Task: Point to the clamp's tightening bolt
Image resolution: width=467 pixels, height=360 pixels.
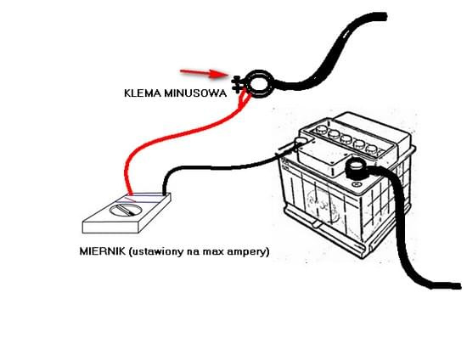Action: (x=236, y=84)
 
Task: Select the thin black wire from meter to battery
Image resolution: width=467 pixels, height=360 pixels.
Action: (x=221, y=166)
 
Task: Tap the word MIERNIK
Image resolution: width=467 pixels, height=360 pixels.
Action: (x=103, y=251)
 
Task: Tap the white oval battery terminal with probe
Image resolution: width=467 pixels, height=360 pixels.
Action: (x=301, y=141)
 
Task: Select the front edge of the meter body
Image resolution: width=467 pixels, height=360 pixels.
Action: (x=111, y=227)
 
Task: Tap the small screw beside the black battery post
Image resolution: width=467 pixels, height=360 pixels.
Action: (x=357, y=184)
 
